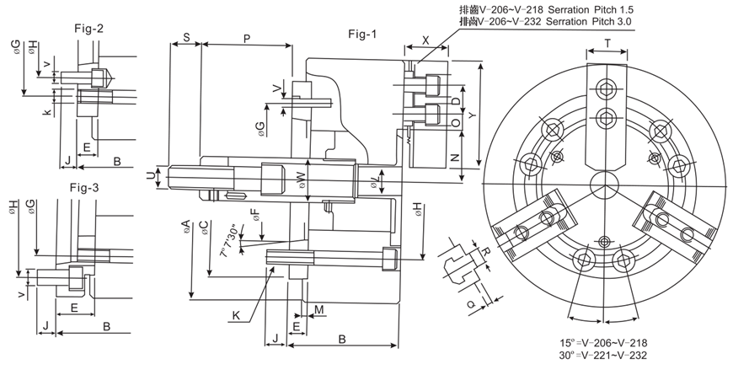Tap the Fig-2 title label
[88, 28]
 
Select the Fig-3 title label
[85, 187]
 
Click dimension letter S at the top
[185, 39]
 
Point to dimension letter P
[246, 39]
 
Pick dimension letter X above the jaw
[425, 40]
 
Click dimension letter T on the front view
[608, 42]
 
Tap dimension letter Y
[472, 114]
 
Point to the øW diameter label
[300, 177]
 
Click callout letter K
[236, 315]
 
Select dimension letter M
[320, 311]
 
